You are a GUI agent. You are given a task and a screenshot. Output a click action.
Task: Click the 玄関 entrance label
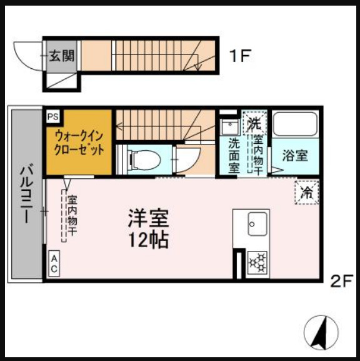[61, 55]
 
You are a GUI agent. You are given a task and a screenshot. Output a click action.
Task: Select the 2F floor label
[342, 280]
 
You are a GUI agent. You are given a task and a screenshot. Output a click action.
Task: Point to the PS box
[52, 116]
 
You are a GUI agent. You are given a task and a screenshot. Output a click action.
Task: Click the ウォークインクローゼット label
[79, 143]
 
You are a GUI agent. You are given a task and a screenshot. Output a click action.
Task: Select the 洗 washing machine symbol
[254, 122]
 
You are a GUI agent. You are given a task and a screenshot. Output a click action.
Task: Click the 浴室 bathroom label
[294, 155]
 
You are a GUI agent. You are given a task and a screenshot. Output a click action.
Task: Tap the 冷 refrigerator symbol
[306, 193]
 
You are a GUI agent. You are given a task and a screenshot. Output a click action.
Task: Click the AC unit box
[54, 264]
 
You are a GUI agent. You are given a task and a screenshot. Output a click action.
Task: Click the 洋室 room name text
[149, 218]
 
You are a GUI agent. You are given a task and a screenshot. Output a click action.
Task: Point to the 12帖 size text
[149, 239]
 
